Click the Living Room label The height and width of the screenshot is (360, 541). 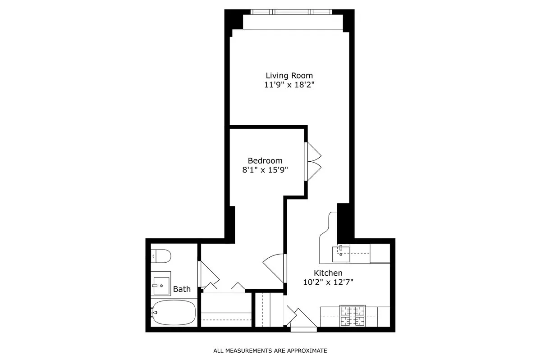(289, 75)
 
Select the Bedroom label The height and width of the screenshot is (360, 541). (265, 160)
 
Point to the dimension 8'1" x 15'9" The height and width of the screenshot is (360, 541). (265, 170)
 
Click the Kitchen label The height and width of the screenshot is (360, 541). (328, 273)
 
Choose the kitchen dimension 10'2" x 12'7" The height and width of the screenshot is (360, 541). (328, 282)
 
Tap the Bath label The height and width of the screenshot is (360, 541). (182, 289)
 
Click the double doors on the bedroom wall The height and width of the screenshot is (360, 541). (313, 162)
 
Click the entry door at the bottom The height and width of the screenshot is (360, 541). (303, 321)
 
